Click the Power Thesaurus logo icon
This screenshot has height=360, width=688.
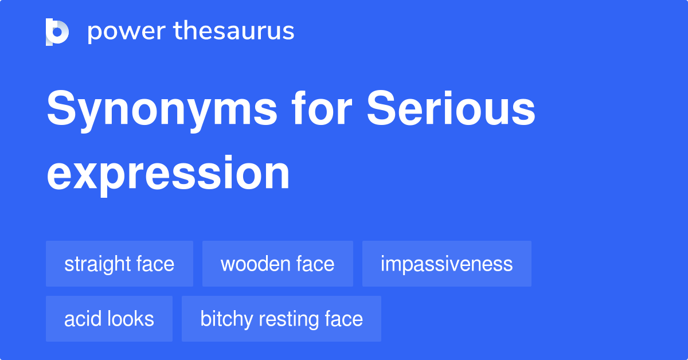coord(57,32)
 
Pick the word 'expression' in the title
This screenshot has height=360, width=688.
coord(168,173)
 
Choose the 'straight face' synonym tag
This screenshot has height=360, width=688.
coord(119,264)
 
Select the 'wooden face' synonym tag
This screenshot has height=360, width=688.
coord(277,264)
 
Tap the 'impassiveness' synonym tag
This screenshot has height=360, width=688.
coord(447,264)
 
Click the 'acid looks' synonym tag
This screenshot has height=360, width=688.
coord(109,319)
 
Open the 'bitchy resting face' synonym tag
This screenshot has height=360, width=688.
coord(282,319)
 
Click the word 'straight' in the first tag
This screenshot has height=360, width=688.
coord(98,264)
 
